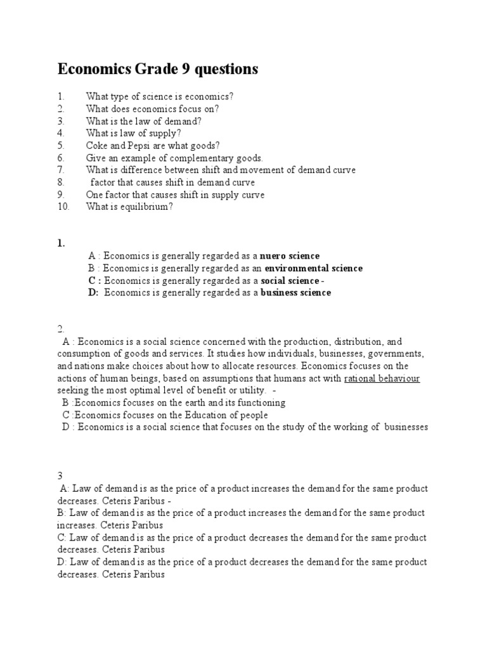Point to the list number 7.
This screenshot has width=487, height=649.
pos(61,170)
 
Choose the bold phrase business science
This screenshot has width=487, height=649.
pos(295,293)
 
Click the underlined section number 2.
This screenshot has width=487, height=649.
pos(61,328)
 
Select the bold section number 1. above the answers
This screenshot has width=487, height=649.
pos(61,243)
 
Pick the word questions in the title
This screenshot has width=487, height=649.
pos(228,69)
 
